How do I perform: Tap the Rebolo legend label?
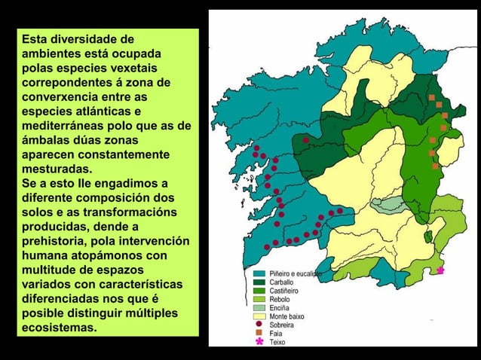pyautogui.click(x=280, y=299)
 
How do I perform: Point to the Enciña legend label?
pyautogui.click(x=280, y=308)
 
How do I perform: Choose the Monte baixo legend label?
pyautogui.click(x=287, y=317)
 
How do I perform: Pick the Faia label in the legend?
pyautogui.click(x=277, y=333)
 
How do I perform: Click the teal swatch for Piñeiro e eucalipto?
pyautogui.click(x=258, y=273)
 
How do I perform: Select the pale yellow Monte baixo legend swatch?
pyautogui.click(x=258, y=317)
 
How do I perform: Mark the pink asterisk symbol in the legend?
pyautogui.click(x=259, y=342)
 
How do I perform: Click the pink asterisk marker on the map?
pyautogui.click(x=440, y=270)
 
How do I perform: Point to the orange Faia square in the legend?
pyautogui.click(x=259, y=333)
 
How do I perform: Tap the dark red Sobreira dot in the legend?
pyautogui.click(x=259, y=325)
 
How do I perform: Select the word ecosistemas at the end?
pyautogui.click(x=59, y=328)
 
